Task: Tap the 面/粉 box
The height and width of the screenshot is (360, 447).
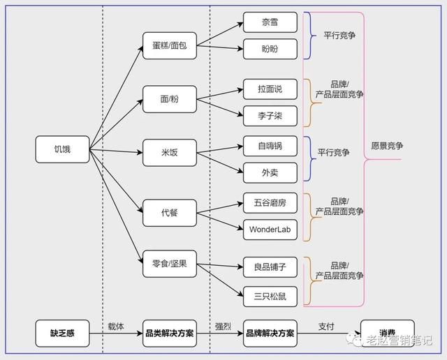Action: tap(170, 99)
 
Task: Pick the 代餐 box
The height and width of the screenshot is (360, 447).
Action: tap(170, 212)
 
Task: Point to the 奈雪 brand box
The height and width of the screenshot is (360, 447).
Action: tap(270, 22)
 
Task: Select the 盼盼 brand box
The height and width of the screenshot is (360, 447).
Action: tap(270, 50)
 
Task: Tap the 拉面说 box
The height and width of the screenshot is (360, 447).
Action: tap(270, 89)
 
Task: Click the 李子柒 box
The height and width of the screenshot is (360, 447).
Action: tap(270, 116)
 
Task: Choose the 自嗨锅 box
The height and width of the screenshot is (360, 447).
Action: tap(270, 146)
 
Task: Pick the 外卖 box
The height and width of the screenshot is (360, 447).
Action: tap(270, 173)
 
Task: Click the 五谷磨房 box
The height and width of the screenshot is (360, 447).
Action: tap(270, 202)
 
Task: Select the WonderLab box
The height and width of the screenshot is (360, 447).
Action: tap(270, 230)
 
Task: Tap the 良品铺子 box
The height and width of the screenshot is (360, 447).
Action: tap(270, 267)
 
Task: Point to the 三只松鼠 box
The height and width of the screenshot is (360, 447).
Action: tap(270, 296)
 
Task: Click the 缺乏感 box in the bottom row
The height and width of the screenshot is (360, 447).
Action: tap(62, 333)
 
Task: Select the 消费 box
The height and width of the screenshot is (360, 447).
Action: tap(387, 333)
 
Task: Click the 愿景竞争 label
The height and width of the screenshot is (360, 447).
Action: tap(387, 147)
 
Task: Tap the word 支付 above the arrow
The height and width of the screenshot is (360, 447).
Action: tap(326, 326)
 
